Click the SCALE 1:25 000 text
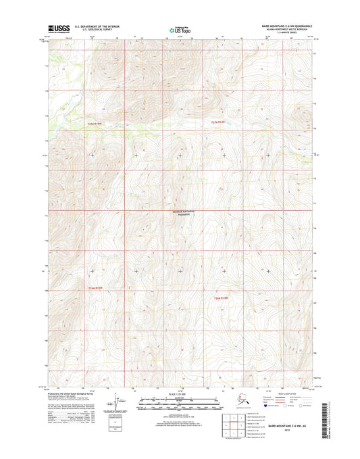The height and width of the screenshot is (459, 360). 179,394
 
